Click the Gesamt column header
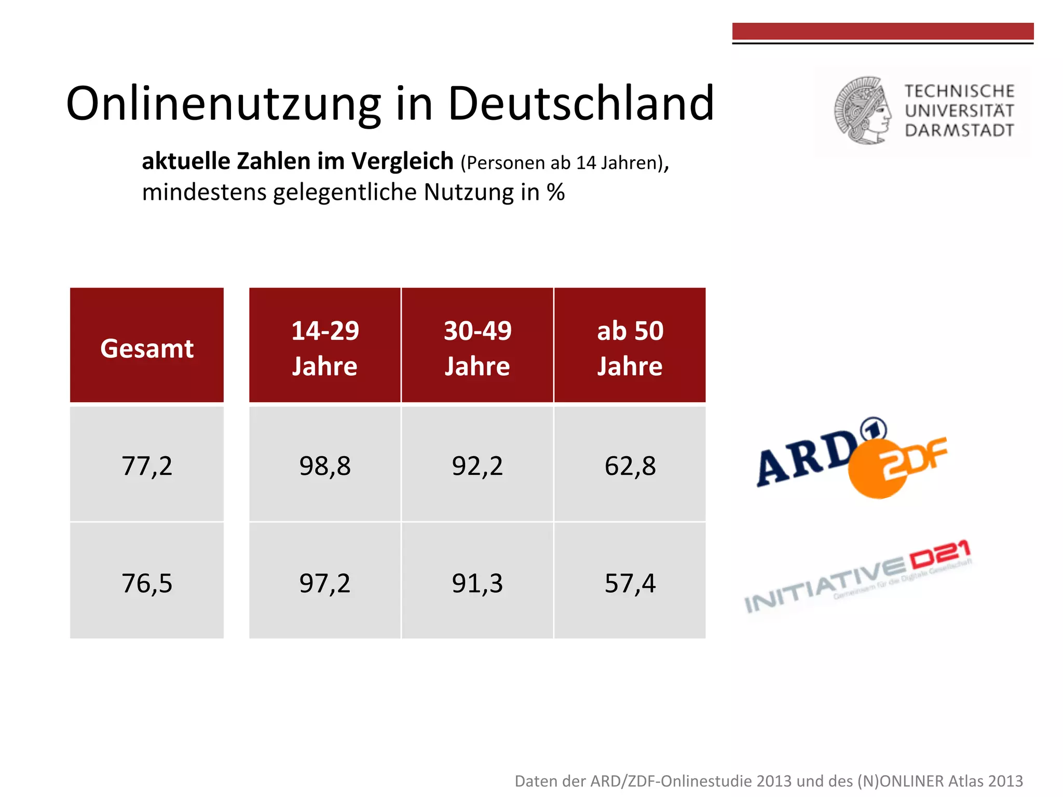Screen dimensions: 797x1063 pos(147,345)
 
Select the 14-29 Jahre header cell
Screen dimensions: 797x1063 pos(325,345)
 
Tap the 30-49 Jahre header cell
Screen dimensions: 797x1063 pos(478,345)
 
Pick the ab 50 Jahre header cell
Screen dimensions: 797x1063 pos(630,345)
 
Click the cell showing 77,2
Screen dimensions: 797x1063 pos(147,465)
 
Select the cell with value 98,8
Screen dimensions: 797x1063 pos(325,465)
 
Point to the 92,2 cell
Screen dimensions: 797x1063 pos(478,465)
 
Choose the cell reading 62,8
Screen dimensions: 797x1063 pos(630,465)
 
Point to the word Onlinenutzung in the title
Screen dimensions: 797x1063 pos(223,104)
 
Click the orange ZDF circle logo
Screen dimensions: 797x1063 pos(877,470)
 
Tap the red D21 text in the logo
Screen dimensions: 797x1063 pos(939,555)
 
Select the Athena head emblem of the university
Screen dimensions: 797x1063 pos(862,111)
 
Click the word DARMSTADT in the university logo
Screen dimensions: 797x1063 pos(959,130)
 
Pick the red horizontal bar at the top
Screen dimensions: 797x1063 pos(882,31)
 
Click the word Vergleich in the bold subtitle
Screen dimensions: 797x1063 pos(402,161)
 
